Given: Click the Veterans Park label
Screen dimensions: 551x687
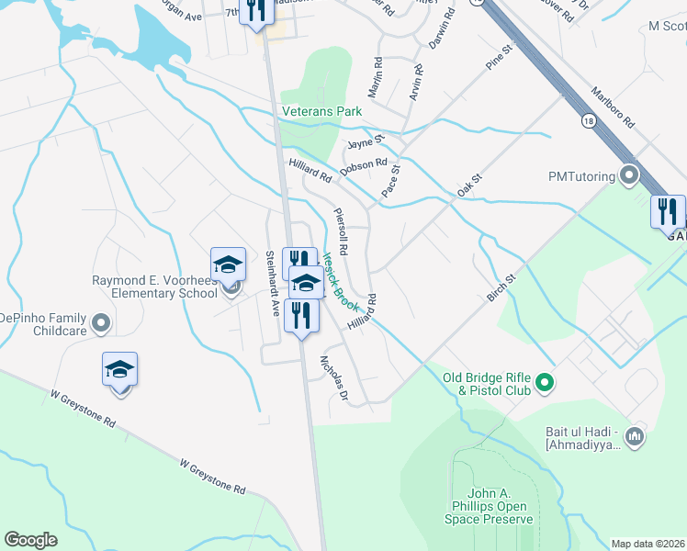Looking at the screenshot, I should (321, 112).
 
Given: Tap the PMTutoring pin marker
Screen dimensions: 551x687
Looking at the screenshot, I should (629, 174).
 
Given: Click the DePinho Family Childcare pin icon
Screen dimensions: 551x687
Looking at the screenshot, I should (101, 323).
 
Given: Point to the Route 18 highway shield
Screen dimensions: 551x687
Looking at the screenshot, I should (586, 119).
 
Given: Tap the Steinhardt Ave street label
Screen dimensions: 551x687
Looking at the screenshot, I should (273, 284).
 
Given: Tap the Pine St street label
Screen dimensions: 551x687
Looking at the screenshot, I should (497, 58).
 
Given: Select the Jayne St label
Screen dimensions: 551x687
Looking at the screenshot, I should (364, 144).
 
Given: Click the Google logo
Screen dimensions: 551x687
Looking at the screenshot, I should (31, 540).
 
